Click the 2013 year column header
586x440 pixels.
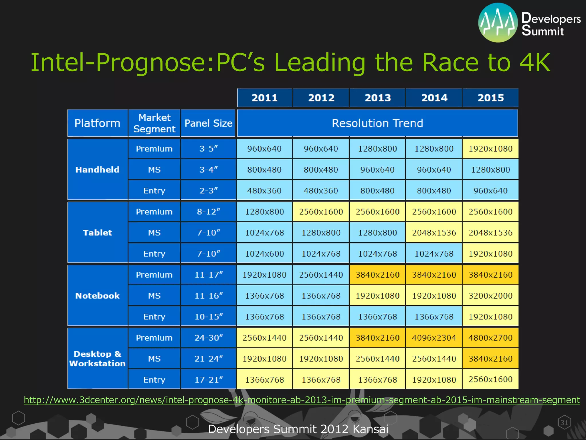pos(377,98)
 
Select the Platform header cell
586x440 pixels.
pos(97,123)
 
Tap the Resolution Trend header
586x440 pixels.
pos(377,123)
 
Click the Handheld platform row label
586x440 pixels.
pos(97,170)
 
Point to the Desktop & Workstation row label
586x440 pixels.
pos(97,359)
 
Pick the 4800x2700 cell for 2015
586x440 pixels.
pos(490,338)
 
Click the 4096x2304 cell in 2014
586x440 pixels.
pos(434,338)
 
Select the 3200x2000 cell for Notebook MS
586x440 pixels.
pos(490,296)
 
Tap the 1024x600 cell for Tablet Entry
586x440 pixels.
pos(264,254)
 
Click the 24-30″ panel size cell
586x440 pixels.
pos(209,338)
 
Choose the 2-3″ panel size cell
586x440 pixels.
pos(209,190)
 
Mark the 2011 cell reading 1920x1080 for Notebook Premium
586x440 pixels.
pos(264,275)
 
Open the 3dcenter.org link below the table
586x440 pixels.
pos(302,400)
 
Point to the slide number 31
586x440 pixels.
pos(564,423)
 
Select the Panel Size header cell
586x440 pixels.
pos(208,123)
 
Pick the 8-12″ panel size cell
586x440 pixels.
pos(209,212)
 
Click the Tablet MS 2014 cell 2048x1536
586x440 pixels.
pos(434,233)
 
